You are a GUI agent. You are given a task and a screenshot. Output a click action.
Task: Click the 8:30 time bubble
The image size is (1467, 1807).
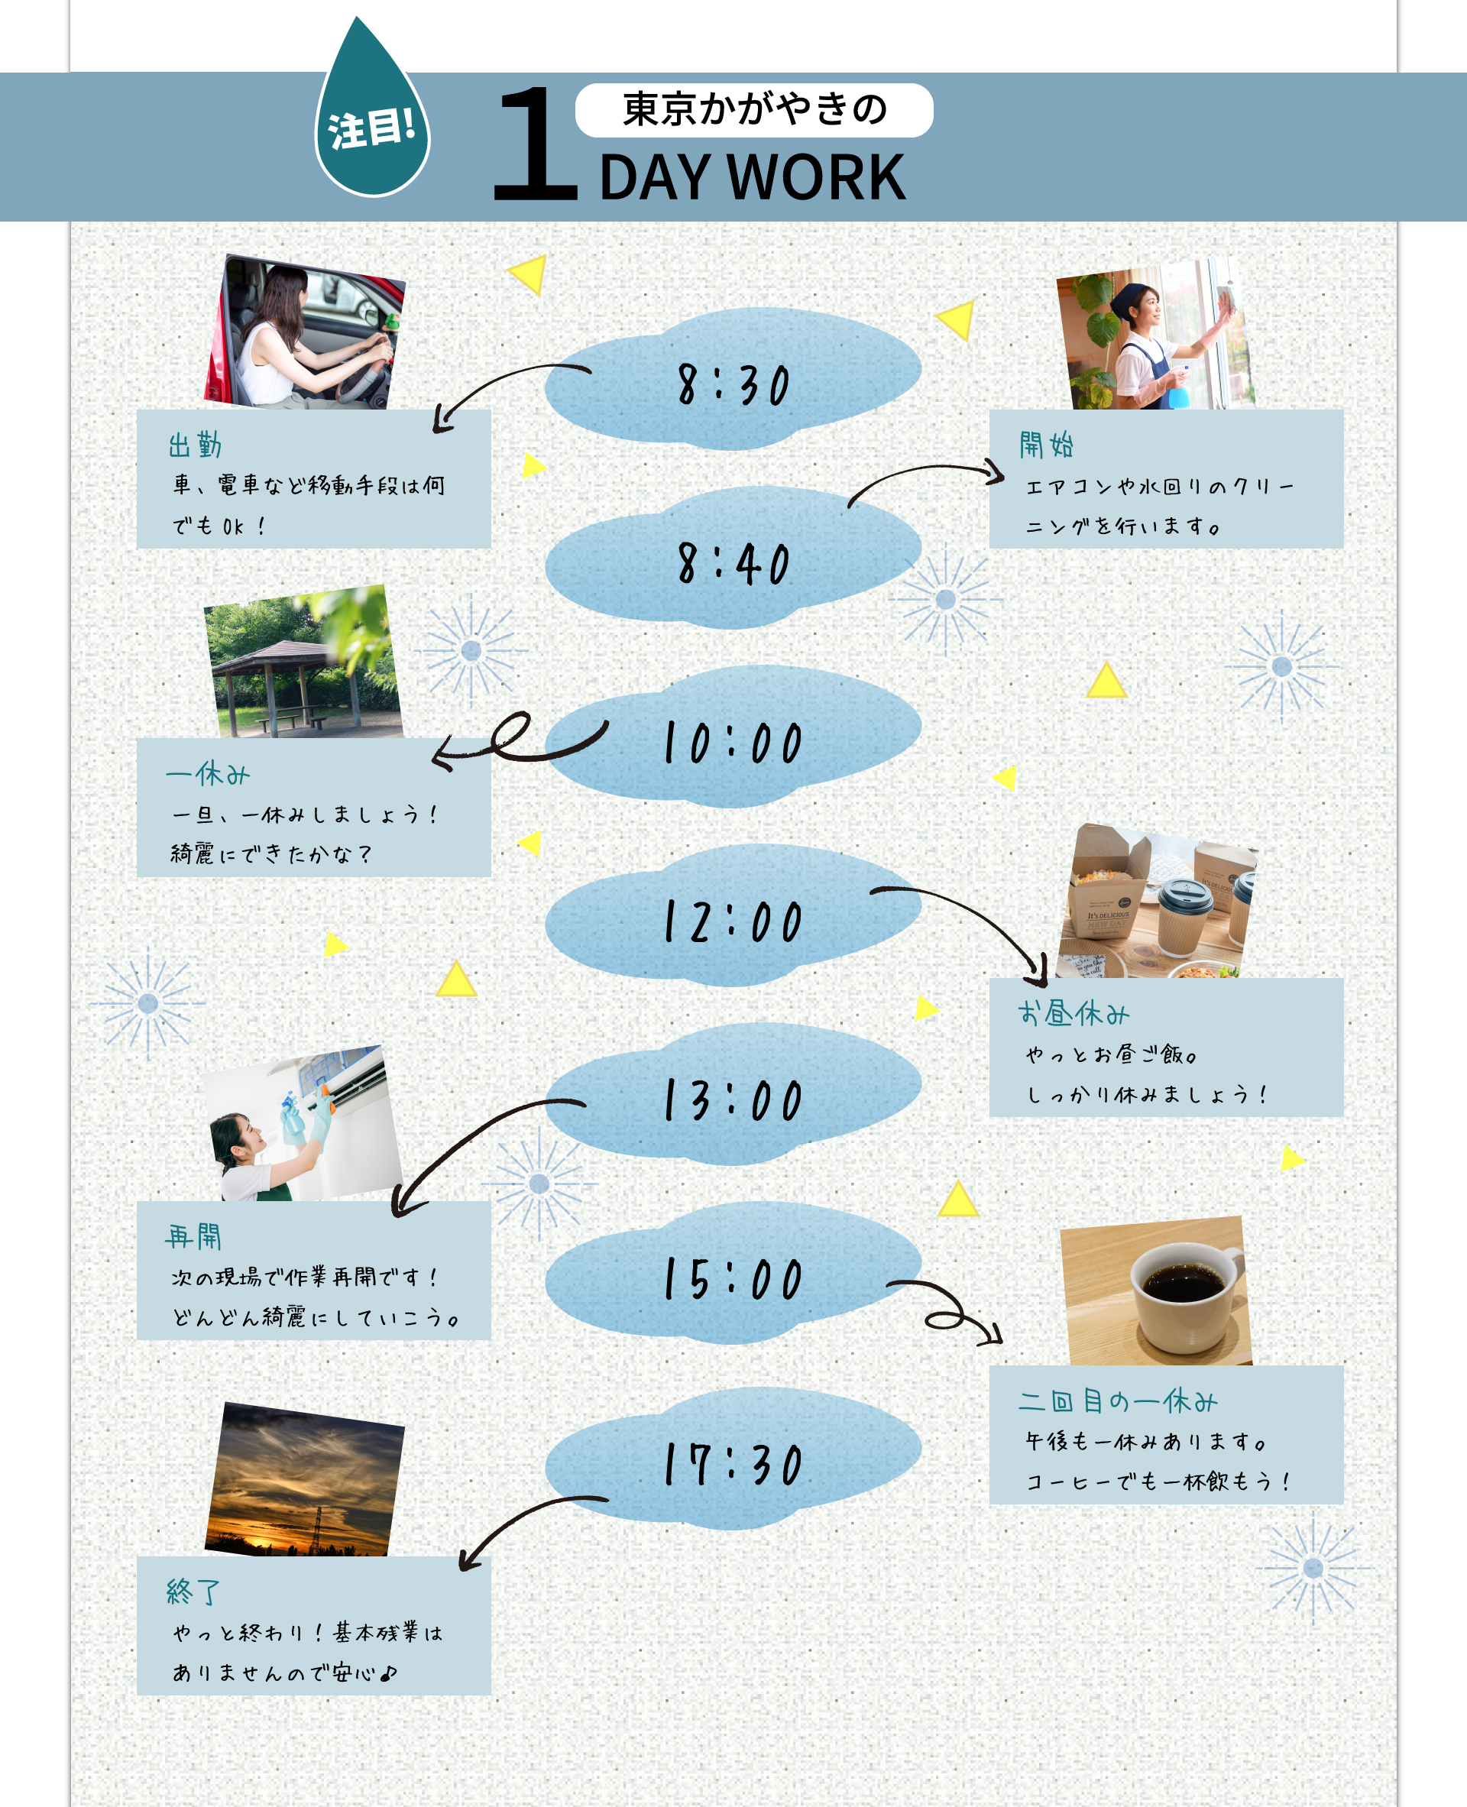(733, 384)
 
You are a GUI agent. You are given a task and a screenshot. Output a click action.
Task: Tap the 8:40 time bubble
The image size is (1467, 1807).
(733, 564)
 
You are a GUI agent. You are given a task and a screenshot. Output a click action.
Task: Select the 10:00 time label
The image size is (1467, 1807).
(733, 743)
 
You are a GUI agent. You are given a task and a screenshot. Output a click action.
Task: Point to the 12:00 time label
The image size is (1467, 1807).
(733, 921)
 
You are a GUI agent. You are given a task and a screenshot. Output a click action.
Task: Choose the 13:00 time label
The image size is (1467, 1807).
(733, 1100)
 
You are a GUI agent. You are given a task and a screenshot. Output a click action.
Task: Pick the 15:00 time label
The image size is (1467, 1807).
(733, 1279)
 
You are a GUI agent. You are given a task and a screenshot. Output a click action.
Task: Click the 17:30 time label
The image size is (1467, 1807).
(733, 1464)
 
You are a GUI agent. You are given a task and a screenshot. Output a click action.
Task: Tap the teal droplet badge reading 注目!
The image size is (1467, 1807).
(372, 127)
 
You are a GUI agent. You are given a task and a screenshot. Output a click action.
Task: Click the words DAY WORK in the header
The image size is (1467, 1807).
(751, 177)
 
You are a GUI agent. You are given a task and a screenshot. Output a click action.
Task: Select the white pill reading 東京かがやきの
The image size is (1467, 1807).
(754, 110)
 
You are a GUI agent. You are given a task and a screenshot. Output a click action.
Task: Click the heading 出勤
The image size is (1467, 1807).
(195, 445)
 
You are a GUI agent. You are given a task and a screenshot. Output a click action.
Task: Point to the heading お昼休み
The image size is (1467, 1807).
(1074, 1012)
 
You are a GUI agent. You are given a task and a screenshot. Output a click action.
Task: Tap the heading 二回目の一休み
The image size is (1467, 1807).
(1117, 1401)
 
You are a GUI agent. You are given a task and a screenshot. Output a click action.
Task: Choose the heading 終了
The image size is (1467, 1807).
(193, 1592)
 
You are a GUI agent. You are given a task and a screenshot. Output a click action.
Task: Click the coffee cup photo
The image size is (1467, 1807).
(1156, 1291)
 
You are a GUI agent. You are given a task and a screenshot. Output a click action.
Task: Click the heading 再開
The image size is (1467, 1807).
(193, 1236)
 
